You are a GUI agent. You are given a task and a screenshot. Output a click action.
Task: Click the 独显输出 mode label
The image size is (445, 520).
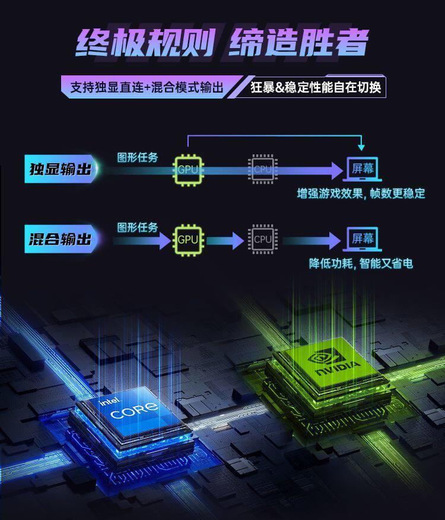pos(60,169)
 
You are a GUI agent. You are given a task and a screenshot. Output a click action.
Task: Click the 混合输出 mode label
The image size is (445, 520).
pos(60,239)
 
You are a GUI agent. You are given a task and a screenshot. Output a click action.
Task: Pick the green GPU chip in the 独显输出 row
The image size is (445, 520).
pos(187,170)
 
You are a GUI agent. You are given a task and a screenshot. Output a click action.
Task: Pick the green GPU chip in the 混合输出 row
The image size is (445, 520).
pos(187,240)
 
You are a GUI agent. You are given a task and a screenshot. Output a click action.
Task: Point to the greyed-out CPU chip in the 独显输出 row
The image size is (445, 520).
pos(262,170)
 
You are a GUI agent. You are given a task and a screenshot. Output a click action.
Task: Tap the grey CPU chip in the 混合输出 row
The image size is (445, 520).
pos(262,240)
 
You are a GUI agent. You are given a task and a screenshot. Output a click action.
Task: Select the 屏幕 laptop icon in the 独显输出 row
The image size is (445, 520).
pos(363,169)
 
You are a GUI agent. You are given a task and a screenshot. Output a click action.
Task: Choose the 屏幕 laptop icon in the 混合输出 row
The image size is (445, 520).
pos(363,239)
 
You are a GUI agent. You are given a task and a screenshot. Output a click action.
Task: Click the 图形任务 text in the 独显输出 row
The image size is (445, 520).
pos(138,158)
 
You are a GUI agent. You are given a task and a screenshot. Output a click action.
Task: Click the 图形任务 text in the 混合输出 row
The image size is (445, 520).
pos(138,227)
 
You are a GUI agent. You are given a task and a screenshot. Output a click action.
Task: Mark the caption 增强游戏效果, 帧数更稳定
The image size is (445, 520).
pos(361,194)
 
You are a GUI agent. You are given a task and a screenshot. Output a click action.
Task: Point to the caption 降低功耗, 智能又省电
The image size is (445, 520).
pos(361,264)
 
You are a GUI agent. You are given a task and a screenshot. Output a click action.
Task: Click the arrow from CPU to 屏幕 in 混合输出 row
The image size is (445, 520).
pos(311,240)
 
